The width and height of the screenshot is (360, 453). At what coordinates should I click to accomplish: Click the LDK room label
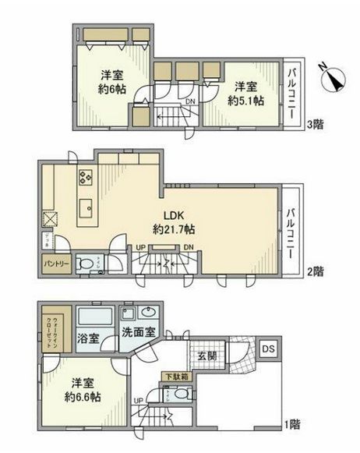173,215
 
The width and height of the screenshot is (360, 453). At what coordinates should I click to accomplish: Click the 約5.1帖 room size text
245,101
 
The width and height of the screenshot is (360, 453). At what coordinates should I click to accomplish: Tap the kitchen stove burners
84,177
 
